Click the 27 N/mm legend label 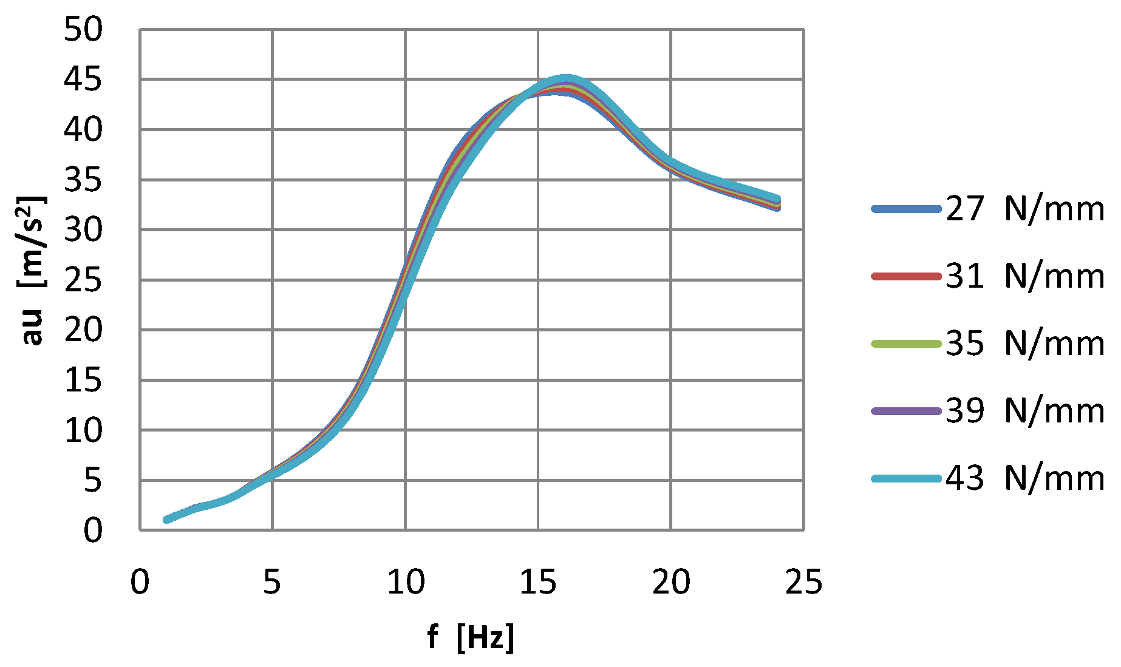coord(1024,209)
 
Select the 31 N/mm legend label coord(1024,276)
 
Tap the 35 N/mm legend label coord(1024,344)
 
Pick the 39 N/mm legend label coord(1024,411)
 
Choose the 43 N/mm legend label coord(1024,478)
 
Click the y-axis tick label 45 coord(84,80)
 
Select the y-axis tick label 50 coord(84,29)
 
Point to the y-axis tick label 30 coord(84,230)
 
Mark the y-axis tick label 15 coord(84,381)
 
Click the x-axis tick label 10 coord(406,583)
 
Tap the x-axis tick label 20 coord(671,583)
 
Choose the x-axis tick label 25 coord(803,583)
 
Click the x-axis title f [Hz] coord(471,637)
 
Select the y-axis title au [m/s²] coord(32,270)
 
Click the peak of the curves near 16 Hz coord(565,84)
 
